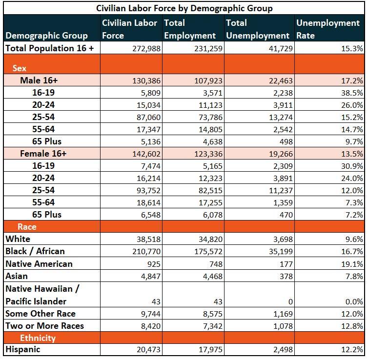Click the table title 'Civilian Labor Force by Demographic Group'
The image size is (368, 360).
click(184, 8)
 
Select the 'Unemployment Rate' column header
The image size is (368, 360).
click(327, 29)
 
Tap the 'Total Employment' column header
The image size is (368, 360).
click(190, 29)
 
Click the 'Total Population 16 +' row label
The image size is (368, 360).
click(49, 48)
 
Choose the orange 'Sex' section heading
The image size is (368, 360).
click(20, 68)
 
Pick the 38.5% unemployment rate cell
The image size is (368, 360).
click(352, 93)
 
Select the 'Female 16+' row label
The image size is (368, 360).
click(43, 154)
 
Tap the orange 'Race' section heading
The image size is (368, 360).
click(27, 227)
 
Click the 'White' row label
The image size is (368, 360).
click(18, 239)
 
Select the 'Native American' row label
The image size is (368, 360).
click(39, 264)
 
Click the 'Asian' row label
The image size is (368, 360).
click(16, 276)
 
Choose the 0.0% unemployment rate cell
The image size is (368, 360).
click(354, 301)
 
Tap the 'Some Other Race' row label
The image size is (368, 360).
click(41, 314)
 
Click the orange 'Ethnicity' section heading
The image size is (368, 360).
click(38, 338)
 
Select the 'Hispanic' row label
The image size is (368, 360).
click(23, 349)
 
